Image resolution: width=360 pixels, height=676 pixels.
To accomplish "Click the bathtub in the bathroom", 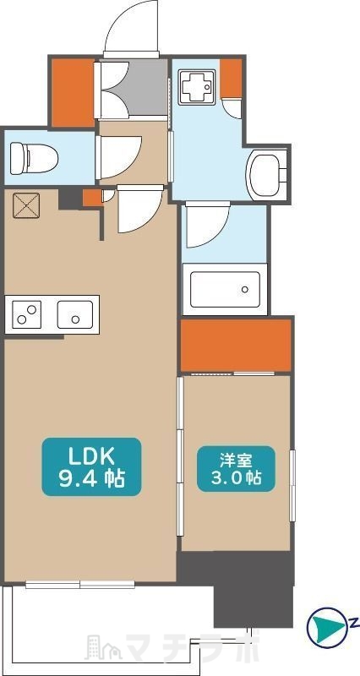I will coord(225,287).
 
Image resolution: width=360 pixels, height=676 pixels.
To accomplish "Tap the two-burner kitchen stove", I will coord(27,316).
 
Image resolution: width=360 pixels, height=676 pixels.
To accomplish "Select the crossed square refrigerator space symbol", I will coord(25,205).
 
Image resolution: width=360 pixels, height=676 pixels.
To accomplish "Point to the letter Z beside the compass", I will coord(352,624).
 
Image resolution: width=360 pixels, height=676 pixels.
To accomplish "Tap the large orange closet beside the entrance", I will coord(73,93).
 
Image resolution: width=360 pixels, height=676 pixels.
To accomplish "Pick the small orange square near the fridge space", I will coord(90,198).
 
